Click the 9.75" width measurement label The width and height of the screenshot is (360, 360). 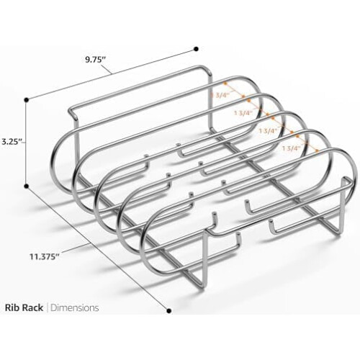click(96, 59)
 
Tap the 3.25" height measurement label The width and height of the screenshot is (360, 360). click(12, 141)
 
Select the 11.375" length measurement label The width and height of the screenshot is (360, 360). click(45, 256)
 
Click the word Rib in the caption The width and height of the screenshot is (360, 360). click(12, 307)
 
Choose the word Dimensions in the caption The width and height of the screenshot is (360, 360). click(75, 307)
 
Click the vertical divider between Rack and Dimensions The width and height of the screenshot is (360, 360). click(47, 307)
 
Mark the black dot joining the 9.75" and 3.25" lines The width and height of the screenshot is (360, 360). click(27, 99)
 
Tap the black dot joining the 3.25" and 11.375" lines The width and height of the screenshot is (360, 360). click(27, 186)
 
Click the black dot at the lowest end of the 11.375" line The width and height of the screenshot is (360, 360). click(169, 311)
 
